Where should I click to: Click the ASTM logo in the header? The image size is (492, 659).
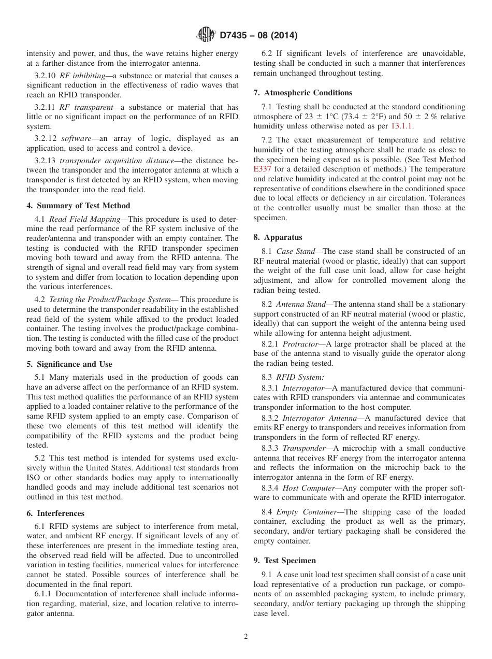(207, 35)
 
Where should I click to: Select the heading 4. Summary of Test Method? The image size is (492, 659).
(78, 206)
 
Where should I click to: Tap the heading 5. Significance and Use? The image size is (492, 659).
(69, 364)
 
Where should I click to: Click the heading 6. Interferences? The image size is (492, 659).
(55, 513)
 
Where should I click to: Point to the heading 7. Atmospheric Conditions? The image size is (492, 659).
(303, 93)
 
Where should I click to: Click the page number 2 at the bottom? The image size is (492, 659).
(246, 637)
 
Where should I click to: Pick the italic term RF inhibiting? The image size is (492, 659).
(82, 76)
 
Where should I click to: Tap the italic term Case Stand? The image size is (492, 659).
(296, 251)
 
